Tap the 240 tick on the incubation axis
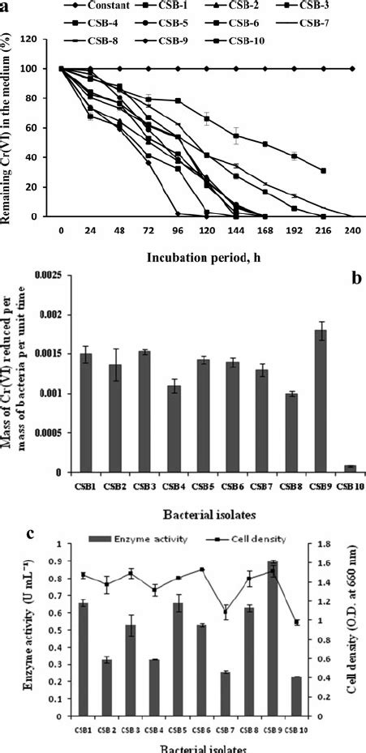(x=350, y=229)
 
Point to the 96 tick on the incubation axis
(x=177, y=229)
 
